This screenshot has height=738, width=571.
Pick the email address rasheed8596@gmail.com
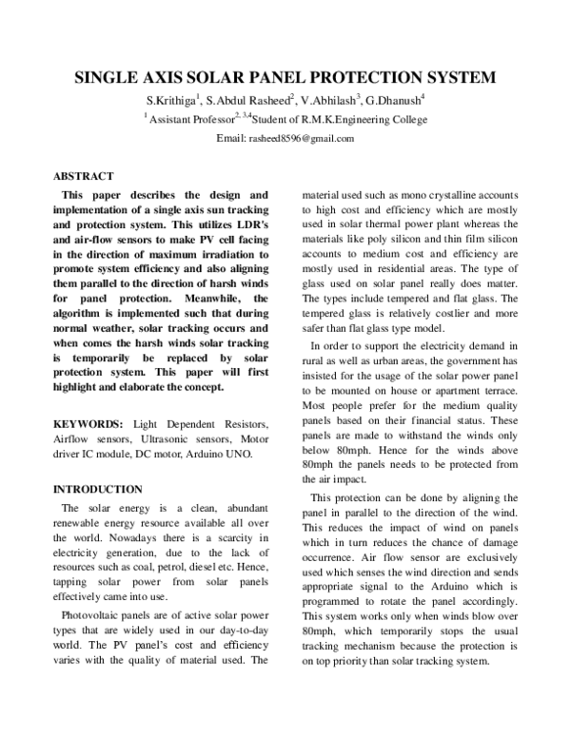pyautogui.click(x=302, y=139)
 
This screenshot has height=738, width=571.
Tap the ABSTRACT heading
pyautogui.click(x=84, y=176)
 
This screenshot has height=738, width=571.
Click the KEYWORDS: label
pyautogui.click(x=88, y=421)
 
